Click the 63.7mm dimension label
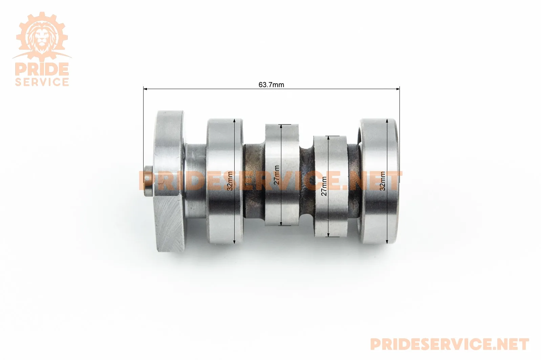[271, 85]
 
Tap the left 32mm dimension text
[230, 181]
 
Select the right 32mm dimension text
[383, 181]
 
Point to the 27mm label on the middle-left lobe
[277, 175]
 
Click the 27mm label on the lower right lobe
[324, 186]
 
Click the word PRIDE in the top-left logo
[42, 69]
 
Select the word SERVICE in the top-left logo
[42, 82]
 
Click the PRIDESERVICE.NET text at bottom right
[450, 344]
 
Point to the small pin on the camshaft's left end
[148, 181]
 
